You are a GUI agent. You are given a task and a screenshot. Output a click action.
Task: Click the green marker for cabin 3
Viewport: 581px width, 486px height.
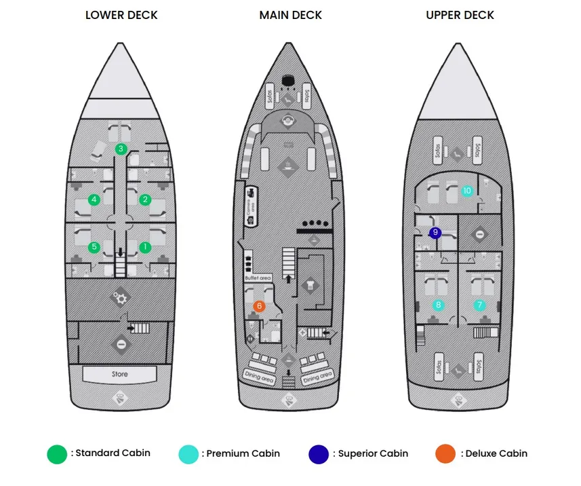coord(121,149)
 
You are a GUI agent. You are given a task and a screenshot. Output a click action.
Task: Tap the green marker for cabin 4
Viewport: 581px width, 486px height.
coord(94,200)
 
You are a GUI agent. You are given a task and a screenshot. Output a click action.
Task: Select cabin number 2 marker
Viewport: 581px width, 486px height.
coord(144,200)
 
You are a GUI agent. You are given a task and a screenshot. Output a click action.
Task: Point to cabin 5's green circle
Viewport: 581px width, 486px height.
coord(94,247)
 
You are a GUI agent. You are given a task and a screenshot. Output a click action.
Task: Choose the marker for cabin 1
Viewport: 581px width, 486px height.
coord(144,247)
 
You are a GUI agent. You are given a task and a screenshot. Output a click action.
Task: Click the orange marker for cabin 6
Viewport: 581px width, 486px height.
coord(259,306)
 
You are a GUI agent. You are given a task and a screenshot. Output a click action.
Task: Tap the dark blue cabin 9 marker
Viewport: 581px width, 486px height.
coord(435,233)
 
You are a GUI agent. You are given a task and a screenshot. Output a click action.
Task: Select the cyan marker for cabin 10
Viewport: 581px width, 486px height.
coord(466,191)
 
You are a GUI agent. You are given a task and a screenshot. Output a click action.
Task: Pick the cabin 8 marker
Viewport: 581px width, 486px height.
coord(438,305)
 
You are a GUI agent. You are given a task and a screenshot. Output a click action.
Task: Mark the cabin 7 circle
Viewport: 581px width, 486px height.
coord(480,305)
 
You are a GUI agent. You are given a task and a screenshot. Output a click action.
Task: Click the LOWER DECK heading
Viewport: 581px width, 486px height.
coord(121,15)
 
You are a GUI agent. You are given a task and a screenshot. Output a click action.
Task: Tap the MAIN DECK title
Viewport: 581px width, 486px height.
coord(290,15)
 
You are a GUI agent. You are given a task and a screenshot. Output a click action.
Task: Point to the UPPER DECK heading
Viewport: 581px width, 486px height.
coord(460,15)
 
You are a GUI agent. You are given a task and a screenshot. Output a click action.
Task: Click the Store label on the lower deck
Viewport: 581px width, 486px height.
coord(120,374)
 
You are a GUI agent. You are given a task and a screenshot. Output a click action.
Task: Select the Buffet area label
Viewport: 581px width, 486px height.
coord(258,278)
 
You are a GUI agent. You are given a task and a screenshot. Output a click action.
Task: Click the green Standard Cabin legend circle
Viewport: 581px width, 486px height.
coord(57,454)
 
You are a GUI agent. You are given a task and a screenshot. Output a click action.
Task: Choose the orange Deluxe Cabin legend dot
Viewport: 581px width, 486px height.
coord(445,454)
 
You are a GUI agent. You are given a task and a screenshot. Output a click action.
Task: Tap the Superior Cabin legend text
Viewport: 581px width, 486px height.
coord(373,453)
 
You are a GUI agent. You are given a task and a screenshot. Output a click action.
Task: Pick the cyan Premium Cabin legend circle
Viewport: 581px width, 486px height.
coord(188,454)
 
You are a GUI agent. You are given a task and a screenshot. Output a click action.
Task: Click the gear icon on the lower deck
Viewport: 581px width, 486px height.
coord(121,297)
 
